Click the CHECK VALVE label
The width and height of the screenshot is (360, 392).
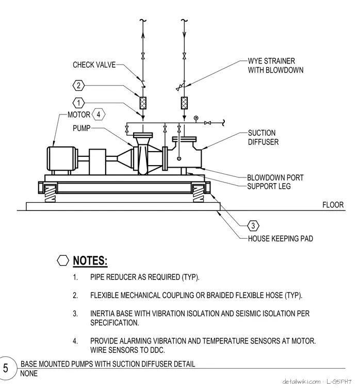94,65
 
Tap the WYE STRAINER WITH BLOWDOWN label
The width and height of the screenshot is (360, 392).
275,66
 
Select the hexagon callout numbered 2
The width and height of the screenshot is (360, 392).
78,86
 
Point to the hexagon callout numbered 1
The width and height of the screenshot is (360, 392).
78,103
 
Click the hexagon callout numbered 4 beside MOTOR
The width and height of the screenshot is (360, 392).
99,115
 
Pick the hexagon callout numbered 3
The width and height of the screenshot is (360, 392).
253,226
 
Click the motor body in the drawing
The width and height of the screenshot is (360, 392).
62,158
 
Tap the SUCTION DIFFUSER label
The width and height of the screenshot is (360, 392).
263,137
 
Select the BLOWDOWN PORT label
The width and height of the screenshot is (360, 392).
275,177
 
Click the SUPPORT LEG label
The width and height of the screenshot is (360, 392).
269,186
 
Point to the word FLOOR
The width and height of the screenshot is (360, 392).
333,205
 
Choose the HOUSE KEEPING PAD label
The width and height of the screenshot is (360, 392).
281,238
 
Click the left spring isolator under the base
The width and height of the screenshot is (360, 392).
51,194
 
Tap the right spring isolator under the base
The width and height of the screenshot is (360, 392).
198,194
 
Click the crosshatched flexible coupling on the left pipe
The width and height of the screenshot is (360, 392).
143,103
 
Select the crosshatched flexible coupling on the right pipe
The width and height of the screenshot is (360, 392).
184,103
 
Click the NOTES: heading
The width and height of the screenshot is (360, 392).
90,260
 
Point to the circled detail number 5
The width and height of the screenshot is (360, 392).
6,368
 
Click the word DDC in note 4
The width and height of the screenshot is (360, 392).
157,350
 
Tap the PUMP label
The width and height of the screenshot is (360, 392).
81,128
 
